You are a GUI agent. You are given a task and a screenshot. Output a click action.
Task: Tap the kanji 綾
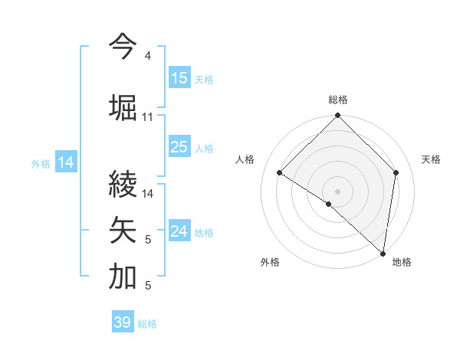pyautogui.click(x=123, y=184)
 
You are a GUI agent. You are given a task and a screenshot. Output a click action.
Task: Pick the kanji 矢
pyautogui.click(x=123, y=229)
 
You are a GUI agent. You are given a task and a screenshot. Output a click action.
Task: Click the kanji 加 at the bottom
pyautogui.click(x=123, y=277)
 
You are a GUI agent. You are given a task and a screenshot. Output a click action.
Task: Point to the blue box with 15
pyautogui.click(x=179, y=78)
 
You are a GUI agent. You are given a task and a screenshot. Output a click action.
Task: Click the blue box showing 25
pyautogui.click(x=179, y=148)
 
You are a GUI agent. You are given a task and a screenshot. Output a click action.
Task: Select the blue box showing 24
pyautogui.click(x=179, y=232)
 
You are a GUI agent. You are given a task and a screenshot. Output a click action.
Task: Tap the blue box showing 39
pyautogui.click(x=123, y=322)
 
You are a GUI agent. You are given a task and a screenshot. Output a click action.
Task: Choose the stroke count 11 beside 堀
pyautogui.click(x=148, y=117)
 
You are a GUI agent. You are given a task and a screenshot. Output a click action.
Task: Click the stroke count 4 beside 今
pyautogui.click(x=147, y=57)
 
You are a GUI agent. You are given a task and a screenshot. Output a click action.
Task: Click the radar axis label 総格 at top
pyautogui.click(x=338, y=100)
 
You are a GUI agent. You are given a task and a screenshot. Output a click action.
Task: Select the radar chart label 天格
pyautogui.click(x=431, y=159)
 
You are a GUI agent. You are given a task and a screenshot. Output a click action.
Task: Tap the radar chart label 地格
pyautogui.click(x=402, y=262)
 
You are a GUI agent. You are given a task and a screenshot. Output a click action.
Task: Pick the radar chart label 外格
pyautogui.click(x=270, y=262)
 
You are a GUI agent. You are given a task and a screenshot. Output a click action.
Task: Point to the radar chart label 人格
pyautogui.click(x=245, y=159)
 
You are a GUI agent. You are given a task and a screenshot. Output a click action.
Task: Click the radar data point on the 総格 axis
pyautogui.click(x=338, y=116)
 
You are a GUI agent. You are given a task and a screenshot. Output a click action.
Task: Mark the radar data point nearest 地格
pyautogui.click(x=383, y=253)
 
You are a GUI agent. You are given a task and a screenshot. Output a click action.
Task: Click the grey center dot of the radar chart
pyautogui.click(x=338, y=190)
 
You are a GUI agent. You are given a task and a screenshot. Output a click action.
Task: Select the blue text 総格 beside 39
pyautogui.click(x=147, y=324)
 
